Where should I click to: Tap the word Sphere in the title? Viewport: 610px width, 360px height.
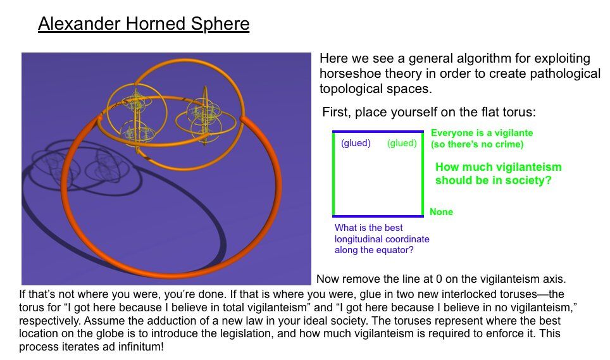pos(220,24)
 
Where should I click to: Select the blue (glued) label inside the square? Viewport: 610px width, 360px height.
pos(356,143)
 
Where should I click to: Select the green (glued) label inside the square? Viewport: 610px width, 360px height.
pos(402,143)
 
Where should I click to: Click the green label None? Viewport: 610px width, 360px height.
pos(441,212)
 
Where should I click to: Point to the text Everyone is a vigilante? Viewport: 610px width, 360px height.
pos(482,133)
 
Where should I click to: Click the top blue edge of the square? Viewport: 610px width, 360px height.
pos(378,132)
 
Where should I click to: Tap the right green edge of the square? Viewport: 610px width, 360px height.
pos(423,174)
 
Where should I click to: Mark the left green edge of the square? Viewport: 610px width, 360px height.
pos(333,174)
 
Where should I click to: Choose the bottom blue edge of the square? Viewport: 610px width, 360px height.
pos(378,216)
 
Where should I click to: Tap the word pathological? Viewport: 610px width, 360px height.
pos(565,74)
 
